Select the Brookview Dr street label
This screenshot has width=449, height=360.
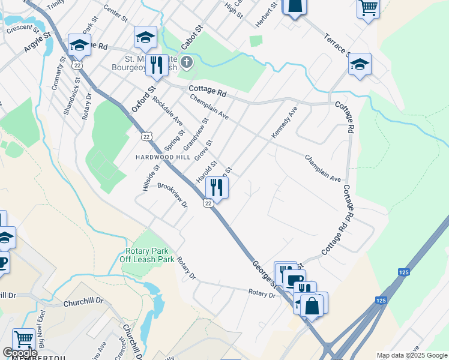(x=172, y=196)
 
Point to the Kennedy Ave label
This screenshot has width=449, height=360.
(x=285, y=123)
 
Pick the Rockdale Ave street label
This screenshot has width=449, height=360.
(x=167, y=110)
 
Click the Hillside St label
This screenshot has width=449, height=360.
(x=150, y=178)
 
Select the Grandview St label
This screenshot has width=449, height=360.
(x=196, y=134)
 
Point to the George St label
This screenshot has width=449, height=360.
(x=264, y=273)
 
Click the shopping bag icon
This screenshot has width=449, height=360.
(x=312, y=304)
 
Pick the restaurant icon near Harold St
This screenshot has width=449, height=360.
(x=217, y=188)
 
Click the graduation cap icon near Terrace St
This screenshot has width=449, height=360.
(x=360, y=64)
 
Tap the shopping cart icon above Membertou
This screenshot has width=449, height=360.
(x=23, y=339)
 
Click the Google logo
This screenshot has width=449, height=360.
(x=20, y=353)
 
